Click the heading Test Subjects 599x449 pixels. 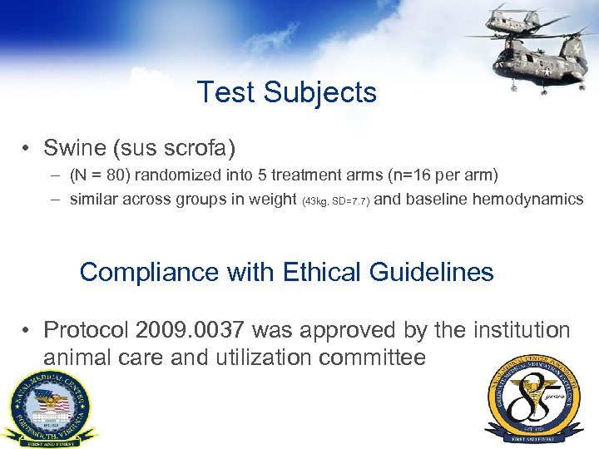click(287, 91)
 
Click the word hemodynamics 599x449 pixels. click(527, 199)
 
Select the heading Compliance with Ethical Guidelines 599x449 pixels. click(286, 272)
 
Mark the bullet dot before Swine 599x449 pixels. click(28, 150)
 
